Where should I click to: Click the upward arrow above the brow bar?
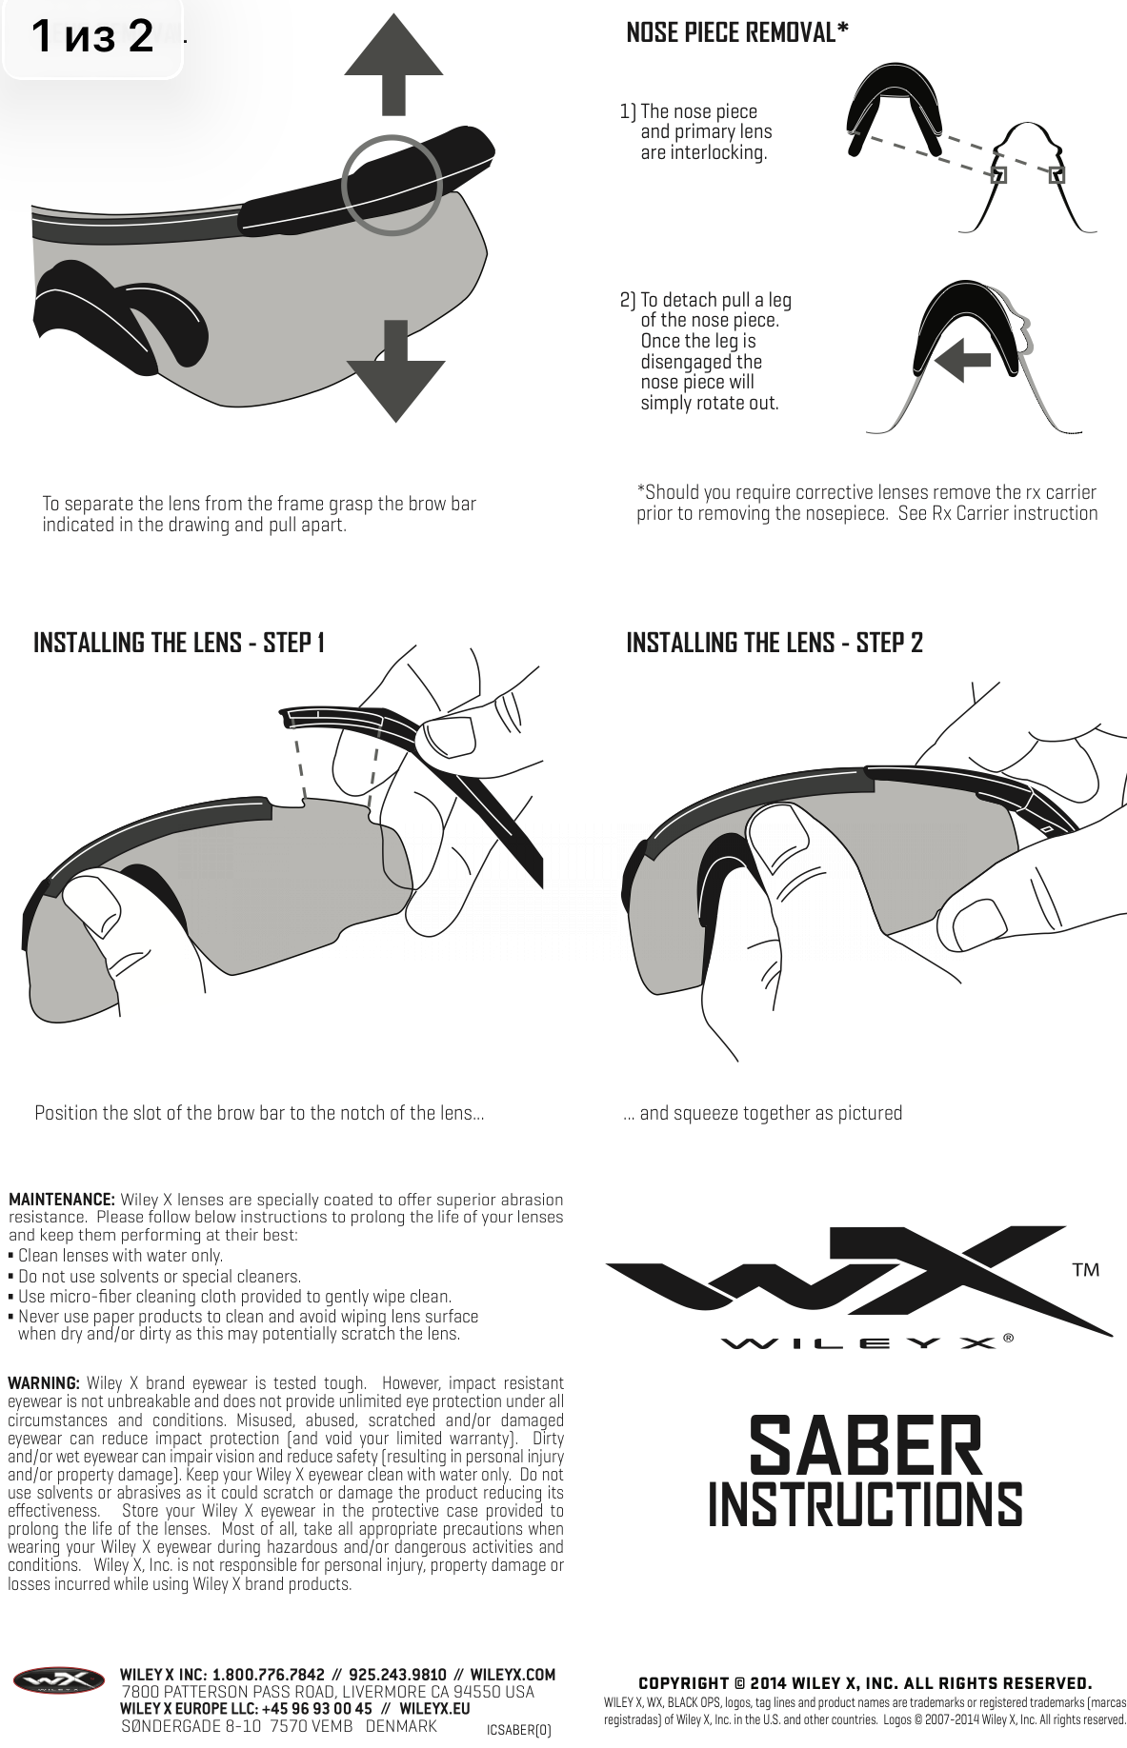coord(393,67)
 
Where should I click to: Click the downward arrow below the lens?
coord(395,371)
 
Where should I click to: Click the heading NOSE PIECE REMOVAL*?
coord(737,33)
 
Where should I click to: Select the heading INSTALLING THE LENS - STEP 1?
coord(179,643)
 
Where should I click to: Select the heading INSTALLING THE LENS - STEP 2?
coord(775,643)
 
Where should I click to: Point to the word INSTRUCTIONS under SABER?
coord(865,1505)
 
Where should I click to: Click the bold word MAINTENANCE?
coord(62,1200)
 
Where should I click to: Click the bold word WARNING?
coord(44,1382)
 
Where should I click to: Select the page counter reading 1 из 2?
coord(91,37)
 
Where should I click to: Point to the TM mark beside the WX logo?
coord(1086,1270)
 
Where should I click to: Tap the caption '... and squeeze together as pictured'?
coord(762,1113)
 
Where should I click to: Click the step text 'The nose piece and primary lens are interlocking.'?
coord(696,132)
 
